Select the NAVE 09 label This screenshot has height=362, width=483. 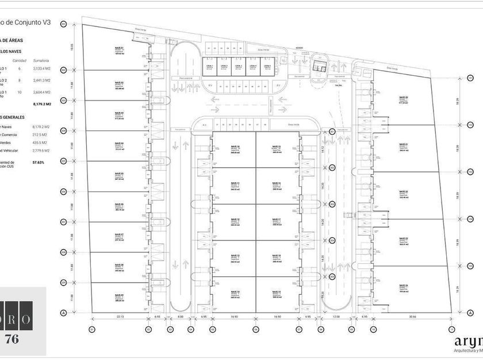coord(119,294)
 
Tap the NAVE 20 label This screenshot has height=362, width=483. coord(403,98)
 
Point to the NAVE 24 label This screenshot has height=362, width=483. coord(403,286)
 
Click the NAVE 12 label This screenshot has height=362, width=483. coord(234,220)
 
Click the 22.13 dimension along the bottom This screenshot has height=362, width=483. coord(120,317)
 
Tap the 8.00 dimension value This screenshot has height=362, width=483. coord(180,317)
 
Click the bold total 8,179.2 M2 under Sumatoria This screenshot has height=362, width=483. coord(42,104)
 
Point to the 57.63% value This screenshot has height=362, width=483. coord(39,163)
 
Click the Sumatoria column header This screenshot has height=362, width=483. coord(40,60)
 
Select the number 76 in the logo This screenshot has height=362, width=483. coord(11,339)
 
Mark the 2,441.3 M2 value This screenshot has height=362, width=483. coord(41,80)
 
